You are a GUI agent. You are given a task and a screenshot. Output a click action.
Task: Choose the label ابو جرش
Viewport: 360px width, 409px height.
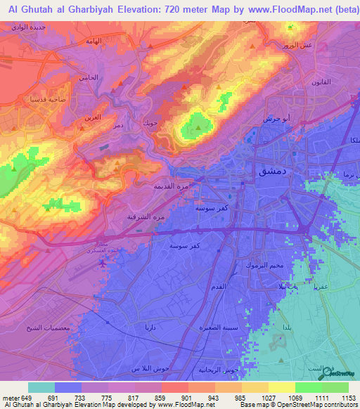click(276, 119)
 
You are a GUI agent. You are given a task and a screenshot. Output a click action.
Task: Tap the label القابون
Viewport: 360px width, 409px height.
click(326, 82)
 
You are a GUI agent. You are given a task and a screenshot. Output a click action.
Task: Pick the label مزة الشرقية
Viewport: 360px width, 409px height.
click(150, 216)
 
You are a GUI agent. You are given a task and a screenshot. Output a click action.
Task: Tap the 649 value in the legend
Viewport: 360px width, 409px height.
click(27, 398)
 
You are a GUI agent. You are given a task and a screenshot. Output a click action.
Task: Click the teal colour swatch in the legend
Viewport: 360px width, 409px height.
click(41, 387)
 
